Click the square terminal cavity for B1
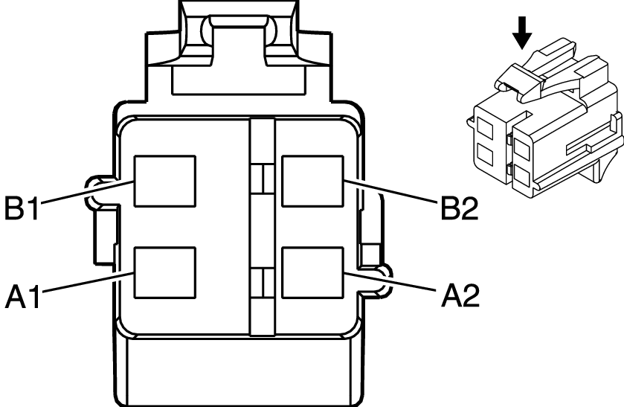(x=164, y=181)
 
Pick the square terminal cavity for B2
(x=312, y=181)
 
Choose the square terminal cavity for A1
(x=164, y=273)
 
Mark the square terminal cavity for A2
(x=312, y=273)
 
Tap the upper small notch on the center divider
(x=259, y=180)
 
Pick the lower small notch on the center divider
(x=259, y=283)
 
